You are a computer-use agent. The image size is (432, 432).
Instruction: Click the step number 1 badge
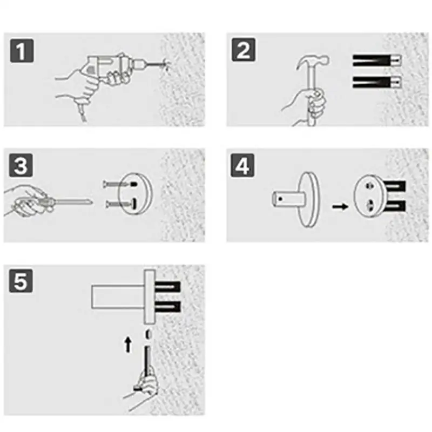(22, 51)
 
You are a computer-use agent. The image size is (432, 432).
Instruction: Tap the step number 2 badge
(244, 50)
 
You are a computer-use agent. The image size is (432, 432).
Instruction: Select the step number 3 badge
(21, 166)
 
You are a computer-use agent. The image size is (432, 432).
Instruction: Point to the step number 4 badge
(242, 166)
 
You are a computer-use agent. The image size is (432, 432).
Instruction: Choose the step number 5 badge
(21, 281)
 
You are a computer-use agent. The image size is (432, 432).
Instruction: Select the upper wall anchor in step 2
(377, 60)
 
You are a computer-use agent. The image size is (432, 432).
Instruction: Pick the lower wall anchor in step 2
(377, 82)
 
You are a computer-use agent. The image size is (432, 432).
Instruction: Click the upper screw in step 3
(119, 184)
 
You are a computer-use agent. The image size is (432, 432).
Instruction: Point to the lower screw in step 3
(120, 204)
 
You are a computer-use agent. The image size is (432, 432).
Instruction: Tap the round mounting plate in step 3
(136, 194)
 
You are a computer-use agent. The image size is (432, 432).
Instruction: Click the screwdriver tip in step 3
(91, 203)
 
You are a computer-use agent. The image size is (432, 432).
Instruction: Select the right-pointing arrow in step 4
(341, 206)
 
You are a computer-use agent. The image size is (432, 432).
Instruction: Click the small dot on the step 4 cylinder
(280, 199)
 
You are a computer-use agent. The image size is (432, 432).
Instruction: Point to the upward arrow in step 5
(128, 345)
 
